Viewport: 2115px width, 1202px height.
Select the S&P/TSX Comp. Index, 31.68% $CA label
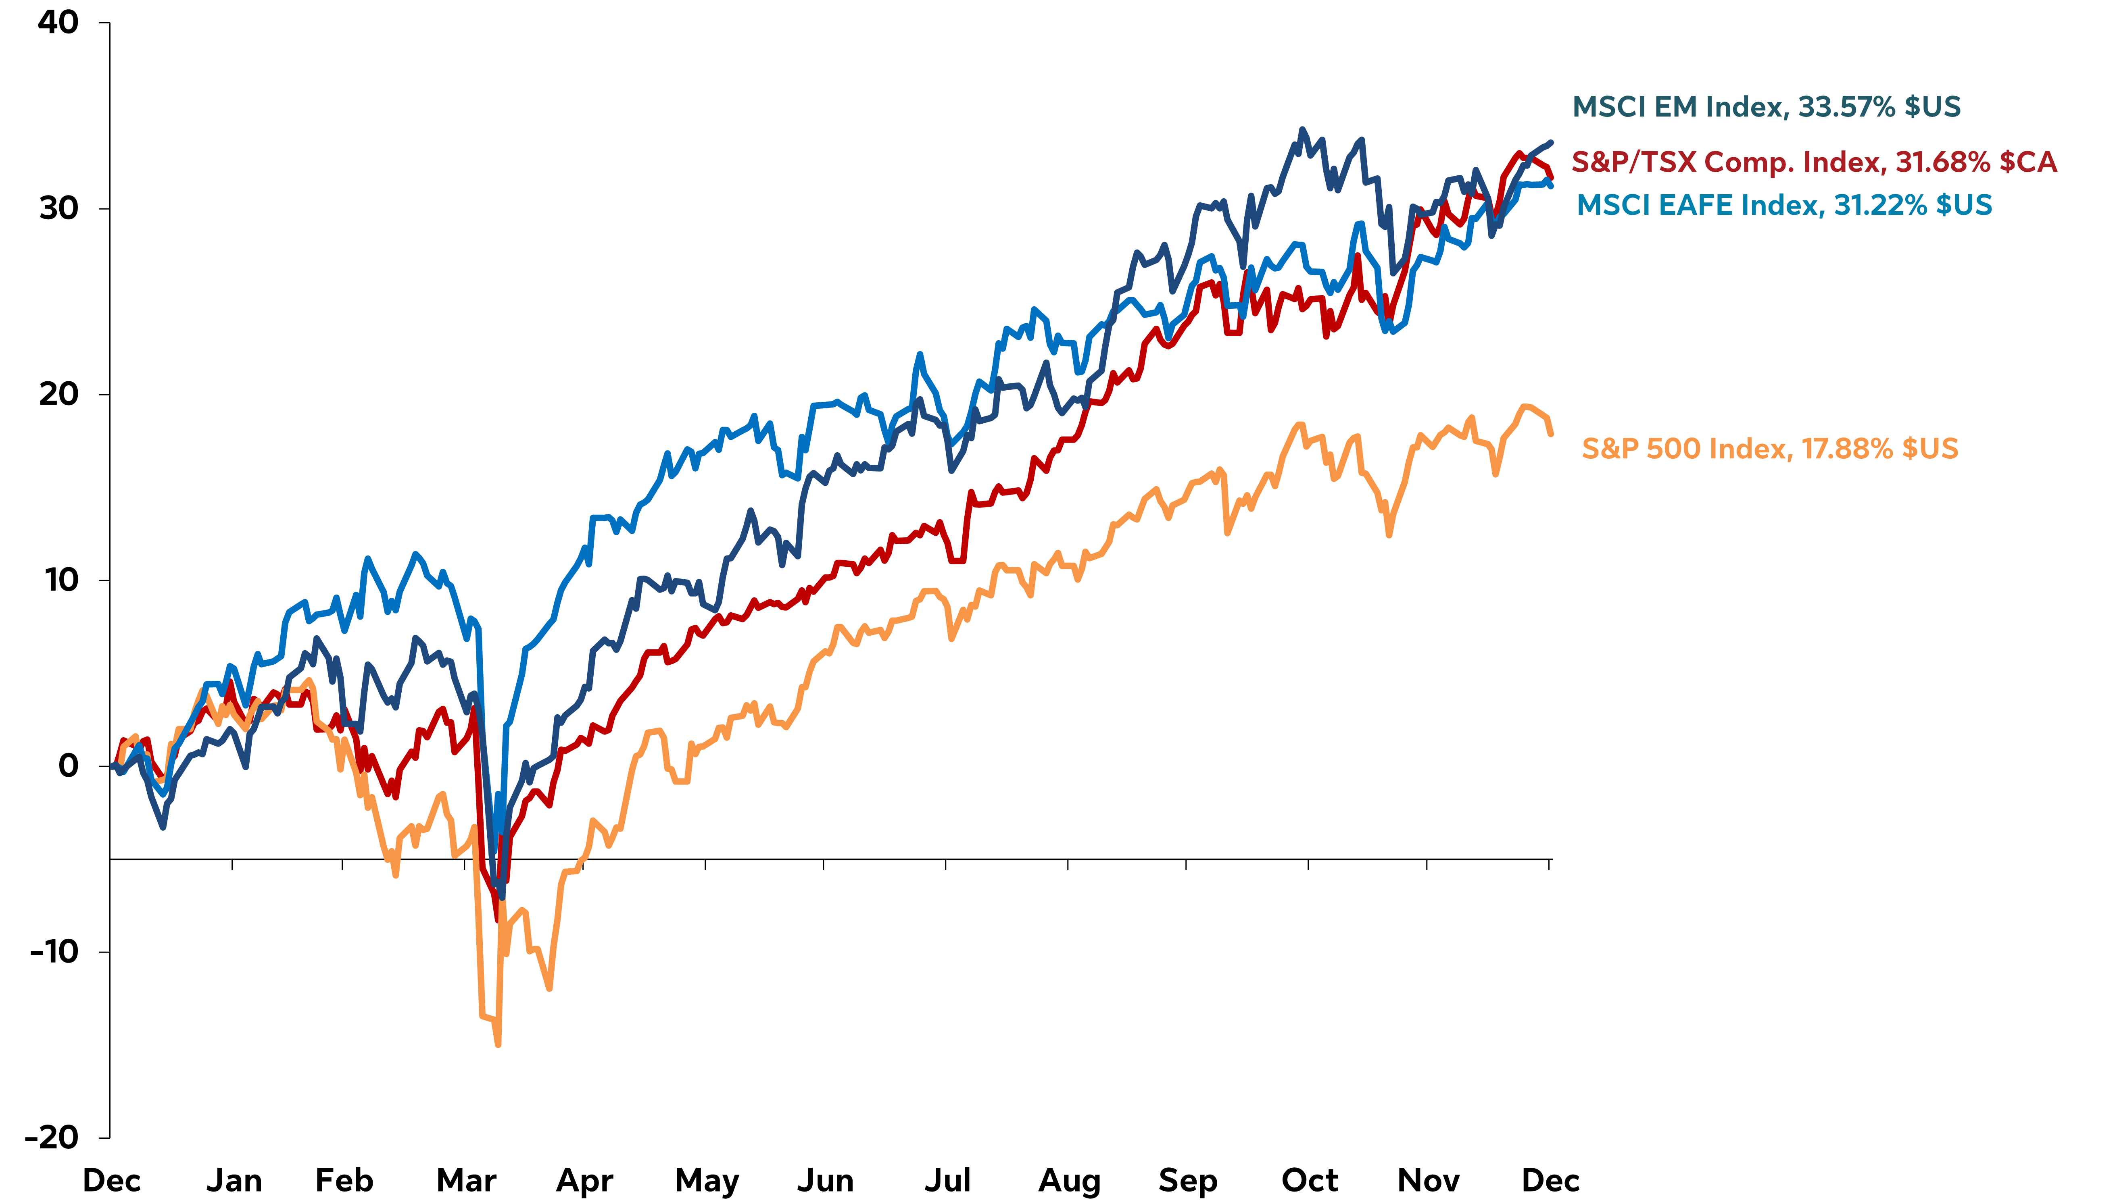point(1814,162)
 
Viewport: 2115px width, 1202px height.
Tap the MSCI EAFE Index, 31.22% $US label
point(1784,205)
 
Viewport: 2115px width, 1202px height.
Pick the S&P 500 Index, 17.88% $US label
point(1769,448)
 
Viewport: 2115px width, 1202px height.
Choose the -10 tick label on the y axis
point(54,951)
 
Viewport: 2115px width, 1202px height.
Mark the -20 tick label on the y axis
point(51,1137)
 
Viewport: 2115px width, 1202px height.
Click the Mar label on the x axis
point(466,1180)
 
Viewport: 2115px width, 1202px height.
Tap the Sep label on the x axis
point(1188,1180)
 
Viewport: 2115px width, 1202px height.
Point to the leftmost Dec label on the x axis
point(111,1180)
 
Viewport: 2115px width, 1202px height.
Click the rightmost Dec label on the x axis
point(1550,1180)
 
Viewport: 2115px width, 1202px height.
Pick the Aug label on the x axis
point(1070,1180)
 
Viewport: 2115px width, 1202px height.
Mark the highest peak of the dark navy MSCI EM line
point(1302,130)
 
